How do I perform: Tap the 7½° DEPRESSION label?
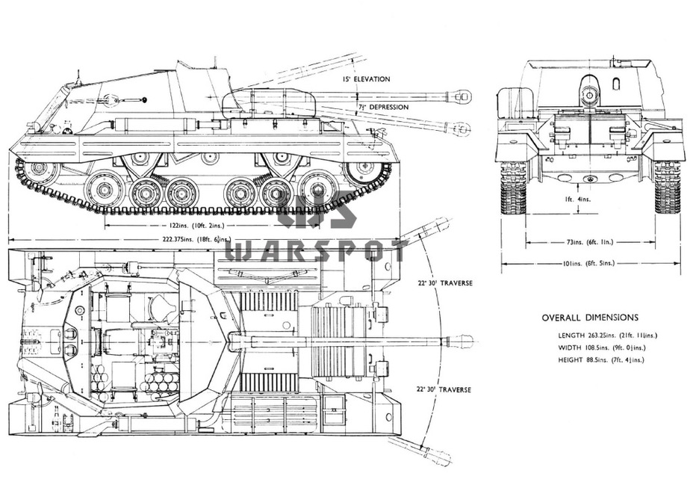[x=382, y=107]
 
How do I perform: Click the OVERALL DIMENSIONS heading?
[x=589, y=317]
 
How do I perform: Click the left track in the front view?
[x=514, y=187]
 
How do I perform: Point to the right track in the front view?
[x=667, y=187]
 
